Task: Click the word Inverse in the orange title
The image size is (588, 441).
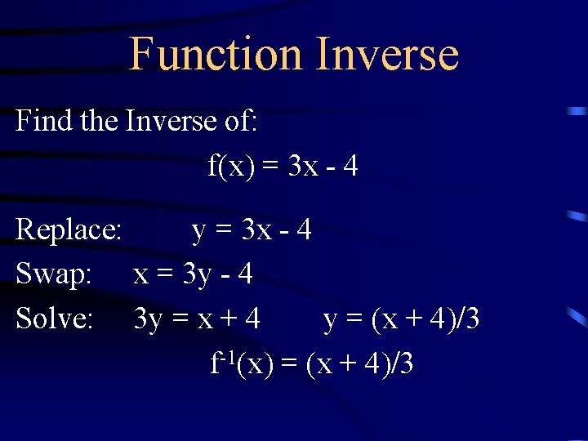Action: [386, 54]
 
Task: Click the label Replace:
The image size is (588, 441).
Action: [69, 230]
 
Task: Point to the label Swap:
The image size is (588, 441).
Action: [54, 274]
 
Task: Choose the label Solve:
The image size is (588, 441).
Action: [55, 318]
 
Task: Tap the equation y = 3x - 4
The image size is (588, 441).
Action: [252, 230]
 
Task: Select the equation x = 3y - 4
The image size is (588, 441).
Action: [193, 274]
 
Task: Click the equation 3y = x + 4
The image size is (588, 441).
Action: [197, 318]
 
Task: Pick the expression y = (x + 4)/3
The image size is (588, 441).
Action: [401, 318]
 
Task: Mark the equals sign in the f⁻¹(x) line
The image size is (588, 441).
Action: [288, 363]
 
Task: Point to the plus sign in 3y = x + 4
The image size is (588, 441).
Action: [226, 319]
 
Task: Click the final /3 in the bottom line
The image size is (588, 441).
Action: [403, 363]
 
